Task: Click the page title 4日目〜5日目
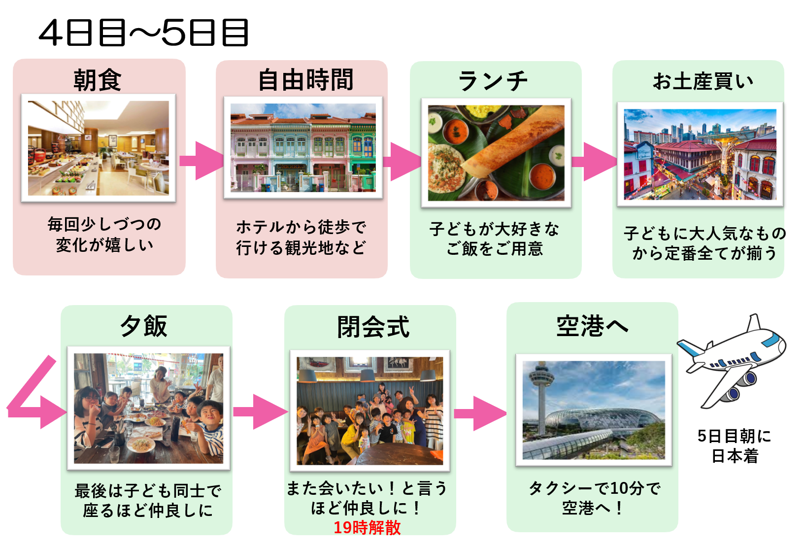[x=143, y=33]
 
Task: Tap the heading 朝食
[x=98, y=80]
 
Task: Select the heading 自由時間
[x=306, y=80]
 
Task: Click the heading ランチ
[x=493, y=81]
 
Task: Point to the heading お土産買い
[x=703, y=81]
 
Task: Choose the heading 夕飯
[x=144, y=326]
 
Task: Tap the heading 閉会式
[x=373, y=327]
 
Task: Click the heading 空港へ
[x=592, y=326]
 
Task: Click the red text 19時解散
[x=367, y=527]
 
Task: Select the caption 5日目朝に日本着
[x=735, y=446]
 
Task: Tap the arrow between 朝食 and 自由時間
[x=201, y=161]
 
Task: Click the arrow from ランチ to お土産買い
[x=594, y=162]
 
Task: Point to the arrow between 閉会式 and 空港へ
[x=480, y=413]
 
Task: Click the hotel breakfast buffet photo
[x=98, y=148]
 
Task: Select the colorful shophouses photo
[x=303, y=147]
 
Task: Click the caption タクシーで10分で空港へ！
[x=595, y=498]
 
